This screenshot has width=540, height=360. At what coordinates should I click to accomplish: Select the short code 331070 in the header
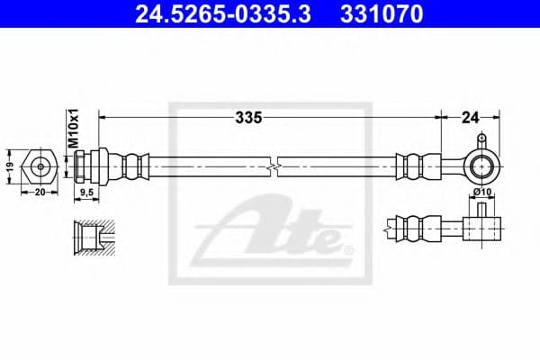tap(382, 15)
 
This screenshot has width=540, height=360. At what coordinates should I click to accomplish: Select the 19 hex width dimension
tap(9, 166)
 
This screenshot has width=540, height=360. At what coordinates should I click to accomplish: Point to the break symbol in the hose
tap(272, 166)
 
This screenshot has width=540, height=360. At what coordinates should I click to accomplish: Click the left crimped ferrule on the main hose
tap(132, 166)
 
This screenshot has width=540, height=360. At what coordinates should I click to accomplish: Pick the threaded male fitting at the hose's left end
tap(92, 166)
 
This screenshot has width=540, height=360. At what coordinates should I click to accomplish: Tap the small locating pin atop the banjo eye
tap(482, 140)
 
